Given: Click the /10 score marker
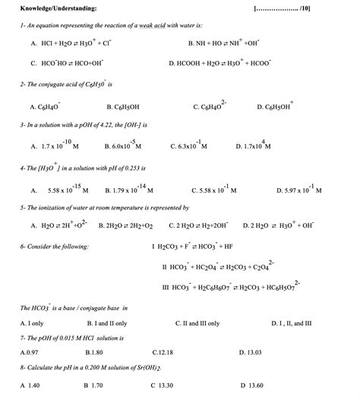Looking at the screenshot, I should pyautogui.click(x=304, y=8).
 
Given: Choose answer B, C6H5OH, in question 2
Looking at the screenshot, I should pyautogui.click(x=122, y=106).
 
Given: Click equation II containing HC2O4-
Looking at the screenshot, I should pyautogui.click(x=218, y=266).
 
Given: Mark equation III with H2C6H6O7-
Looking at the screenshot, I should pyautogui.click(x=231, y=287).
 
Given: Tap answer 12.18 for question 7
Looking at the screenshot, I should pyautogui.click(x=163, y=353).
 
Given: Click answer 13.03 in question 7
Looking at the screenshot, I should pyautogui.click(x=250, y=353).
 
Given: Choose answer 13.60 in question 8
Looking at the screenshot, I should pyautogui.click(x=251, y=385).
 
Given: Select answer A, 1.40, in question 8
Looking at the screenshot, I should pyautogui.click(x=30, y=385).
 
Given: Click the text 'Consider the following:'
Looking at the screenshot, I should pyautogui.click(x=54, y=247).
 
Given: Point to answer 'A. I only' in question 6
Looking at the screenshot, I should pyautogui.click(x=31, y=323).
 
